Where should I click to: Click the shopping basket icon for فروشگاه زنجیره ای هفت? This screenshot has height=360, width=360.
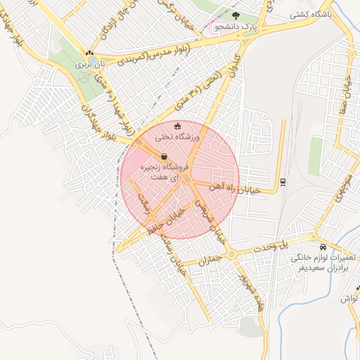pos(164,157)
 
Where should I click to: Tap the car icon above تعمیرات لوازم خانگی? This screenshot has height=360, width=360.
pos(323,247)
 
